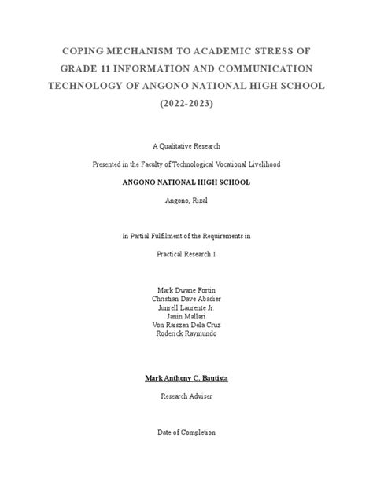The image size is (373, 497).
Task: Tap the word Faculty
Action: pos(167,164)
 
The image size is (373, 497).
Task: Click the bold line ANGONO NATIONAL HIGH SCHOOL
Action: pos(186,182)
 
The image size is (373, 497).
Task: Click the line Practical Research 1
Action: pos(186,253)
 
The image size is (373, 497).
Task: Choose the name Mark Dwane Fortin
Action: pos(186,289)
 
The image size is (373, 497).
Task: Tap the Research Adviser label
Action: pos(186,396)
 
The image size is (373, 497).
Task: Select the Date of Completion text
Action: pos(186,432)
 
